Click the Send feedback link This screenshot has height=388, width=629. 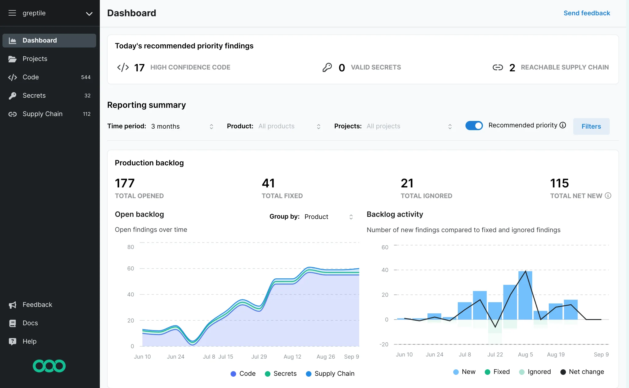tap(586, 13)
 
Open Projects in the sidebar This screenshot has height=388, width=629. tap(35, 59)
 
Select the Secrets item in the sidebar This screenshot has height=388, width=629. tap(34, 96)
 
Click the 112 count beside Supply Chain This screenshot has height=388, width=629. tap(87, 114)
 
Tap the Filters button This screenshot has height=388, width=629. tap(591, 126)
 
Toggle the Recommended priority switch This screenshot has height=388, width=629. tap(474, 126)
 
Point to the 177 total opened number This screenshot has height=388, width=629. tap(125, 183)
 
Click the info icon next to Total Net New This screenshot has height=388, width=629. tap(608, 196)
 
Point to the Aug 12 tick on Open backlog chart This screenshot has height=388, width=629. tap(292, 357)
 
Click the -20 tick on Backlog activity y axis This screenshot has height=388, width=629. tap(384, 345)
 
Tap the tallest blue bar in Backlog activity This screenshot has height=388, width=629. tap(525, 296)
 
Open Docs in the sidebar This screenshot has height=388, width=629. tap(30, 323)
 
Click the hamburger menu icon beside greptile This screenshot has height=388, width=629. tap(12, 13)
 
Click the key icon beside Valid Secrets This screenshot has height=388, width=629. tap(327, 67)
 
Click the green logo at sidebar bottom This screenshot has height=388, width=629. tap(49, 366)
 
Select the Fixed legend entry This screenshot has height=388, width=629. tap(497, 372)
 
